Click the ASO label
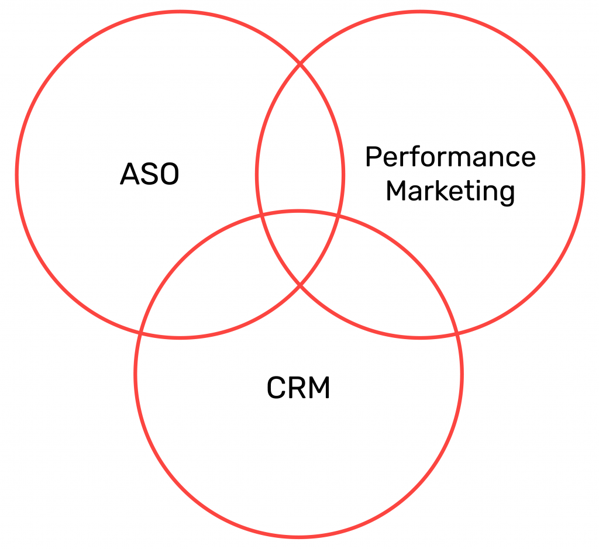pos(150,174)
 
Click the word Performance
pos(450,157)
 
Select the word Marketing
pos(450,192)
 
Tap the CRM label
pos(298,388)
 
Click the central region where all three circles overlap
pos(300,244)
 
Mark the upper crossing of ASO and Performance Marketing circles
pos(300,63)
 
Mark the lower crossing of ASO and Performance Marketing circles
pos(300,285)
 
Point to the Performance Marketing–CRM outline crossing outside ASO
pos(457,334)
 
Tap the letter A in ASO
pos(130,174)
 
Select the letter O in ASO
pos(168,174)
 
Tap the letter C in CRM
pos(276,388)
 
